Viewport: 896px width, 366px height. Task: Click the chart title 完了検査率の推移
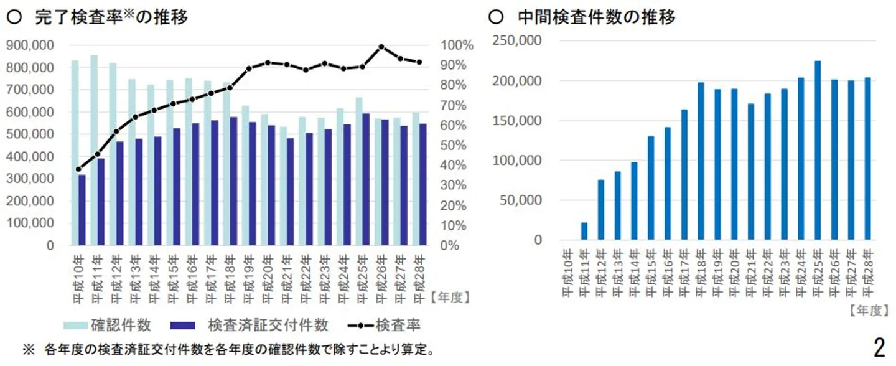112,17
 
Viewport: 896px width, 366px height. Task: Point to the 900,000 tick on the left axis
30,45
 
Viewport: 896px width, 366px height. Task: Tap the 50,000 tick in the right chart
521,200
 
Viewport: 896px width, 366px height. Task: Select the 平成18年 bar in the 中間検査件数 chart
701,161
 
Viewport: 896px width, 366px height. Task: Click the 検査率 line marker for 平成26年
381,47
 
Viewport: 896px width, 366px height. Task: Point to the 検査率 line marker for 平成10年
78,169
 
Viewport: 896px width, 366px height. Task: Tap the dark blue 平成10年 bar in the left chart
82,210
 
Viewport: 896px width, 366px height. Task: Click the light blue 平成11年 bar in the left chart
93,149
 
